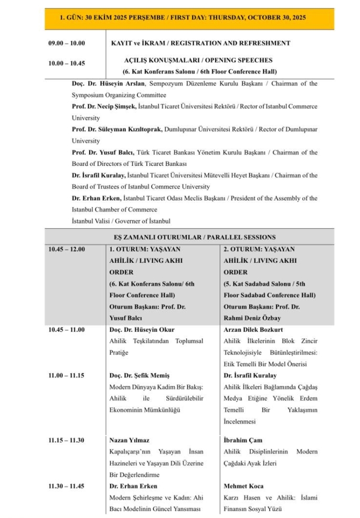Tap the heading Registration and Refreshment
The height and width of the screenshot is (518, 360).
click(x=200, y=43)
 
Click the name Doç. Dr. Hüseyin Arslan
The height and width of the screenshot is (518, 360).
click(x=109, y=83)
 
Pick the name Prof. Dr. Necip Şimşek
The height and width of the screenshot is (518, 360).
click(x=104, y=107)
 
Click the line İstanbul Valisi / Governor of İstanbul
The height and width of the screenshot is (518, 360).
click(x=121, y=221)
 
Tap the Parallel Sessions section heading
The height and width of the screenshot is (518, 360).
click(x=195, y=237)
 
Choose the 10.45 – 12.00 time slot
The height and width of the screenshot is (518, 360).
click(x=66, y=249)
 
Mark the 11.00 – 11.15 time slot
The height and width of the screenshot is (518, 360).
click(x=66, y=376)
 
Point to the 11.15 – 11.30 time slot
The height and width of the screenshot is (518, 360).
click(x=66, y=440)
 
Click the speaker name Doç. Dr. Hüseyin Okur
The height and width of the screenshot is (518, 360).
click(x=142, y=330)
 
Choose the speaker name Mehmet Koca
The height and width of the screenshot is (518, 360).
click(x=243, y=486)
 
